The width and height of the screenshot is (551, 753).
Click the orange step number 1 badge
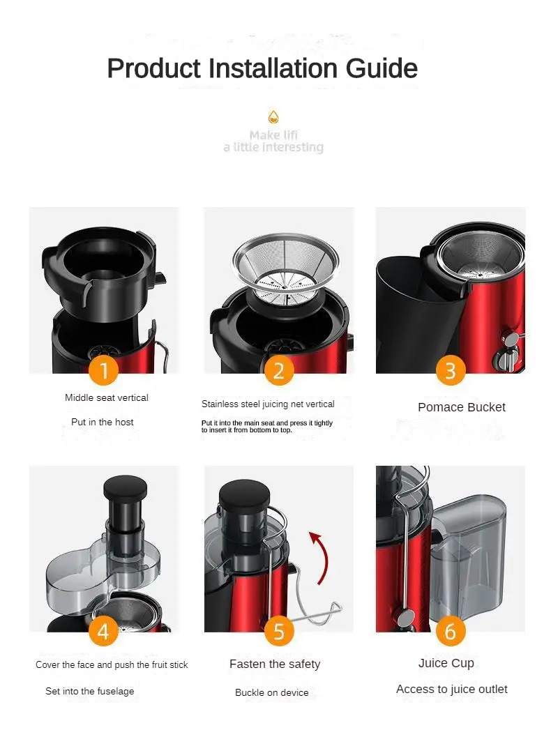[103, 370]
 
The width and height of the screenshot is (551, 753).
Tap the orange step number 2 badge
[279, 370]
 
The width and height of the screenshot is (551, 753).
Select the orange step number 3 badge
[450, 370]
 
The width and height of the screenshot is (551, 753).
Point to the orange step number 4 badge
[103, 631]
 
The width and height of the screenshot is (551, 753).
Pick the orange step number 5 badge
[279, 631]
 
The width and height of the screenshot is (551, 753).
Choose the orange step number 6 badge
[450, 631]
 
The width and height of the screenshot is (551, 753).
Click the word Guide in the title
[382, 68]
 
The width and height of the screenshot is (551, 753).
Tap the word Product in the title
[153, 68]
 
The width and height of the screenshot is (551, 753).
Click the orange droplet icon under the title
[273, 116]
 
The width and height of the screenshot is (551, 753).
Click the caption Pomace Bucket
[462, 407]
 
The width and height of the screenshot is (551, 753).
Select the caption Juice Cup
[446, 663]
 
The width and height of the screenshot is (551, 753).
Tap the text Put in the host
[103, 422]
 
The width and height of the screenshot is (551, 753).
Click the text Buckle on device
[272, 692]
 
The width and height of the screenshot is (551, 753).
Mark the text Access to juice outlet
[452, 690]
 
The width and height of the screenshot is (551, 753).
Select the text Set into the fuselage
[90, 692]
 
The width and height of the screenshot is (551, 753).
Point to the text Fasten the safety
[275, 664]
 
